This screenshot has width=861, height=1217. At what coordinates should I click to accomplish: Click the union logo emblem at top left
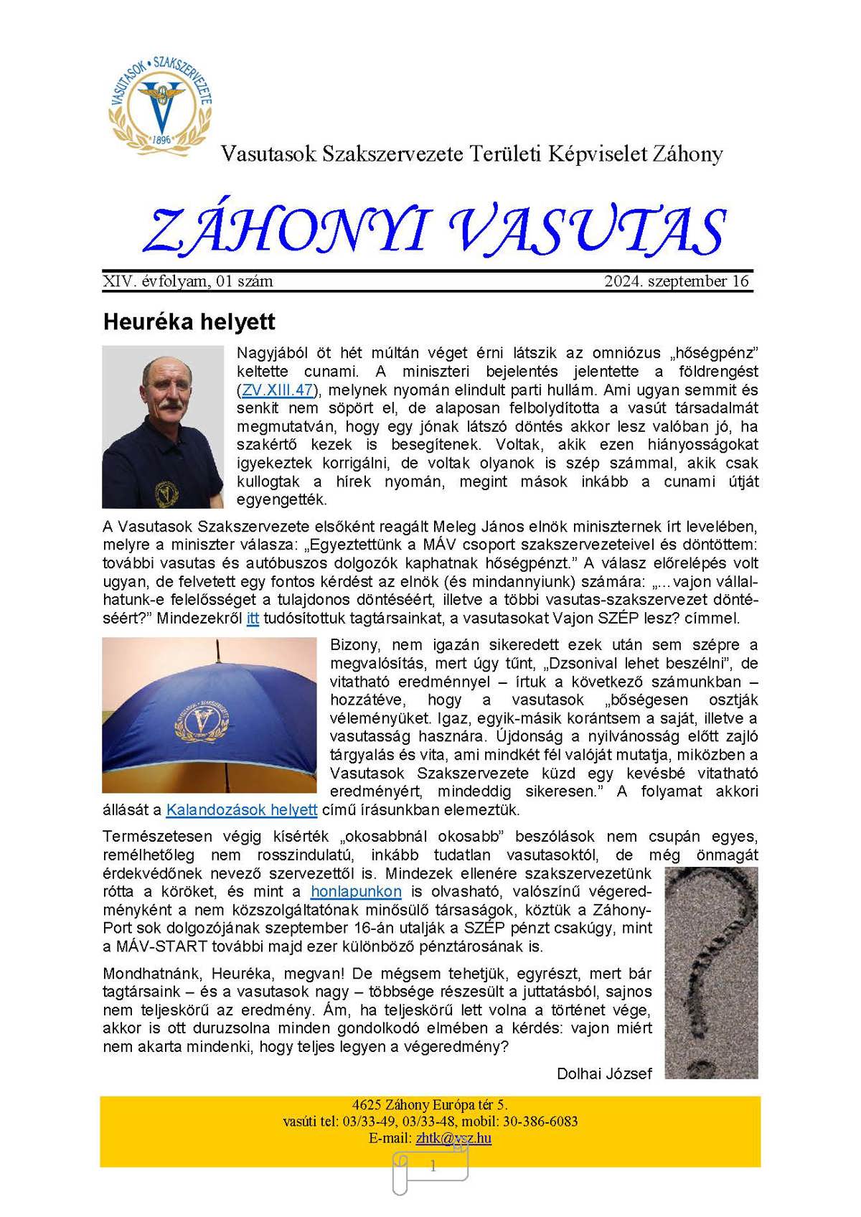click(160, 101)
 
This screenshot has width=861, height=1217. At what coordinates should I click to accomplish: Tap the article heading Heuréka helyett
click(189, 321)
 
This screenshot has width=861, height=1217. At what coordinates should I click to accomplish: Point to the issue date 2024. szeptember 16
click(676, 281)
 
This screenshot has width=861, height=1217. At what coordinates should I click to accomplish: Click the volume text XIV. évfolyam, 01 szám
click(188, 281)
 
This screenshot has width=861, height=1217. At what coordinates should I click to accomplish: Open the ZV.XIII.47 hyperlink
click(277, 390)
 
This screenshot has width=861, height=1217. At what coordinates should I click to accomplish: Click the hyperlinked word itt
click(253, 619)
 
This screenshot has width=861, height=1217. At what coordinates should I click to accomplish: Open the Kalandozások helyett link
click(242, 810)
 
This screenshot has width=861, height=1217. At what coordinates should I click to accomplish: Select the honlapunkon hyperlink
click(356, 892)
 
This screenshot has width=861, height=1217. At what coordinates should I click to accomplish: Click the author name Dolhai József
click(604, 1073)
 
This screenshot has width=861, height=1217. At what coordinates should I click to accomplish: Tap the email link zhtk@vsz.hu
click(453, 1138)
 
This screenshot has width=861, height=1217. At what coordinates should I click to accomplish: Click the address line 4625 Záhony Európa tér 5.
click(430, 1105)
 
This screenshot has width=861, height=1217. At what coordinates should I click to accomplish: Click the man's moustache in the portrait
click(170, 405)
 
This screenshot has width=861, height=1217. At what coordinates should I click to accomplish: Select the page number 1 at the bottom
click(433, 1167)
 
